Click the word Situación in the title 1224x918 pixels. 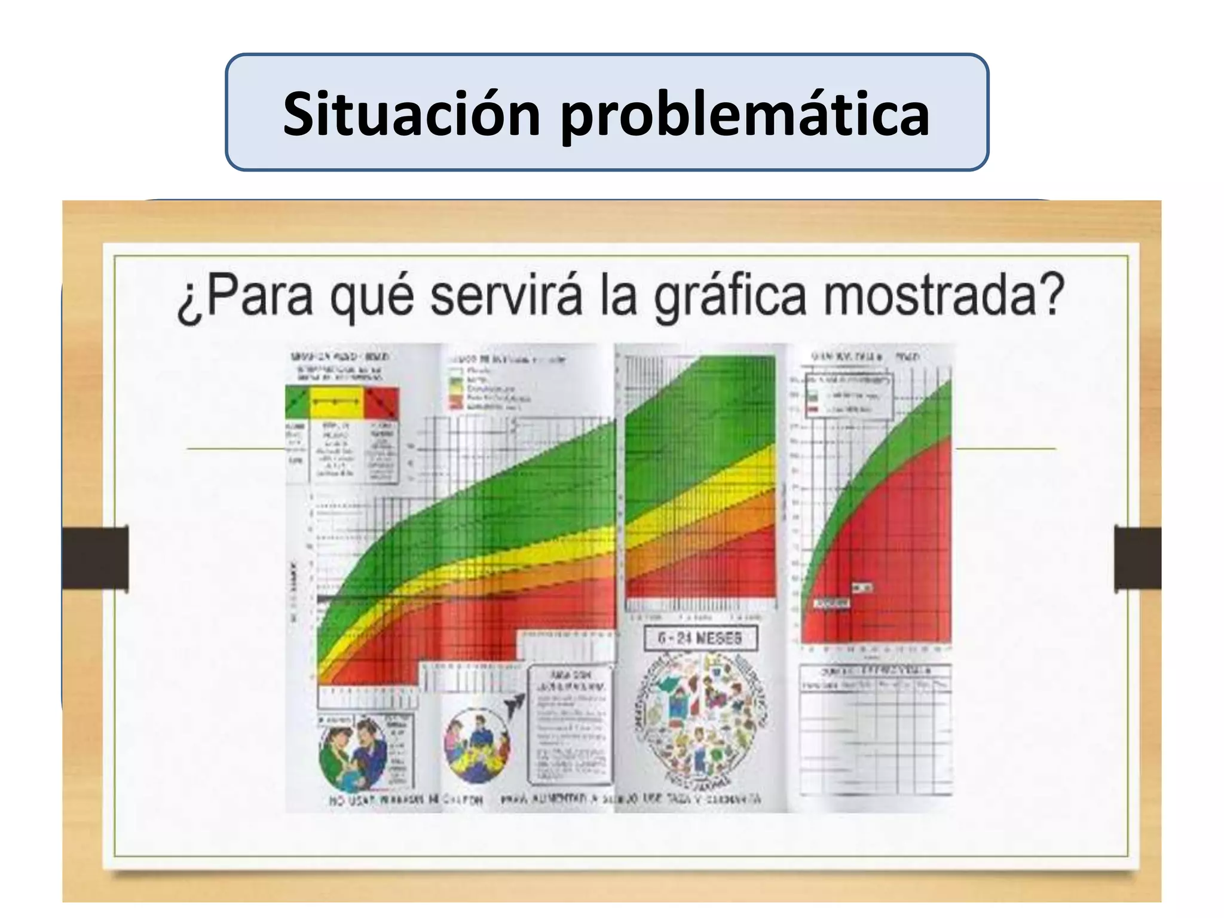412,114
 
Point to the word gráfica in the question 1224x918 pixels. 729,297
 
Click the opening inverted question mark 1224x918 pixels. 189,303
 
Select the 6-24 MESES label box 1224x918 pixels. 700,638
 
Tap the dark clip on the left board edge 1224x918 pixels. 96,558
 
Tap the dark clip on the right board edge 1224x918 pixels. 1137,558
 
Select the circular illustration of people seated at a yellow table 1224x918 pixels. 477,746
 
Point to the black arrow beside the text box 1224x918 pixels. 513,706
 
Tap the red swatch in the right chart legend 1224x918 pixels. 812,410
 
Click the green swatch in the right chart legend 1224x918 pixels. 812,396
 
